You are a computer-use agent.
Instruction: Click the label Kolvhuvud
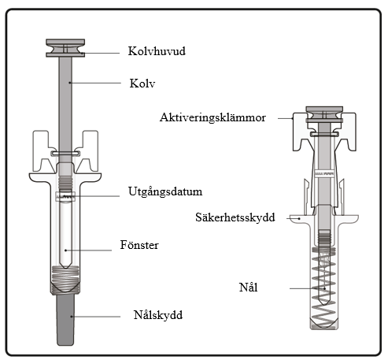click(157, 51)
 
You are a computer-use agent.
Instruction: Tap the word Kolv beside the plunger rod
click(142, 84)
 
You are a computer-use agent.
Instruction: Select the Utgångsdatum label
click(165, 192)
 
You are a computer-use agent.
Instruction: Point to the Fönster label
click(139, 245)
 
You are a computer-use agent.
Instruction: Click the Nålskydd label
click(158, 315)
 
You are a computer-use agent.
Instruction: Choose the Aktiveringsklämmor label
click(212, 117)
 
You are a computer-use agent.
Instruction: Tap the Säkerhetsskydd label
click(235, 217)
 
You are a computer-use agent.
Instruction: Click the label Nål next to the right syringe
click(248, 288)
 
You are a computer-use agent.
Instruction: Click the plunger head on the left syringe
click(65, 48)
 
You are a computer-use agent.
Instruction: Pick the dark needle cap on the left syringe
click(65, 320)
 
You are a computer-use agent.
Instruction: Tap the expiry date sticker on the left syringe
click(65, 196)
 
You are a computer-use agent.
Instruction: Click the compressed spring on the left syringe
click(65, 280)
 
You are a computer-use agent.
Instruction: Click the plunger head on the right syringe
click(324, 114)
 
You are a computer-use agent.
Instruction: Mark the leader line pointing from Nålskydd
click(95, 317)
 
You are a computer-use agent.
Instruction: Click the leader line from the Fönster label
click(88, 251)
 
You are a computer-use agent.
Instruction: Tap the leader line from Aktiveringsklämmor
click(286, 118)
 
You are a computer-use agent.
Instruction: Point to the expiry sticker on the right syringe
click(324, 173)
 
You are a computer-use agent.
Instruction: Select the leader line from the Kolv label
click(94, 83)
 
